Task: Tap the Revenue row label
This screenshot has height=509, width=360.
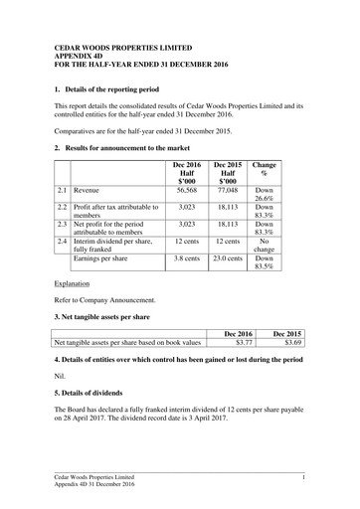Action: click(x=91, y=189)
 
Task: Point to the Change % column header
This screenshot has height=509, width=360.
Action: click(x=264, y=168)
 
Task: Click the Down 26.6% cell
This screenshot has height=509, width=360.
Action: click(x=264, y=194)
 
